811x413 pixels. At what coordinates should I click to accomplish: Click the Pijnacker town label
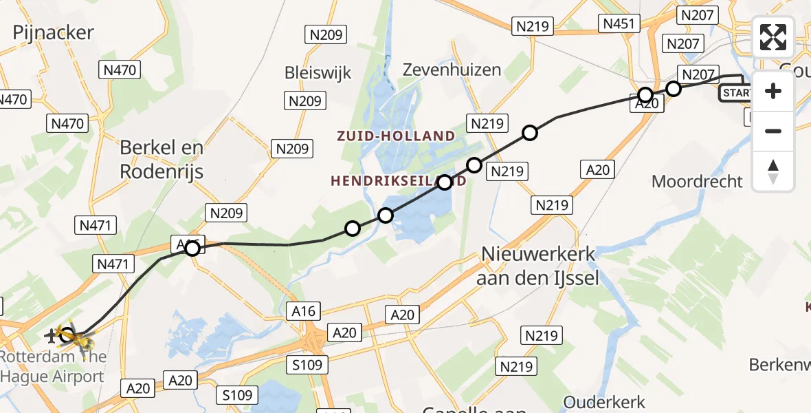[x=53, y=32]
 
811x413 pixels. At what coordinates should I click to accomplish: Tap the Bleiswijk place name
[x=318, y=72]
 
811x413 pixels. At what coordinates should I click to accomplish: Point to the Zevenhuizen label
[x=452, y=70]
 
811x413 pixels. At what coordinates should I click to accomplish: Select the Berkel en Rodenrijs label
[x=162, y=159]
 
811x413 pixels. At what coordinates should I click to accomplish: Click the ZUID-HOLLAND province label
[x=396, y=136]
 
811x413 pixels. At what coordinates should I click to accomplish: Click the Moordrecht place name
[x=697, y=182]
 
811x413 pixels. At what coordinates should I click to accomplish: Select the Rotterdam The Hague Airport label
[x=54, y=367]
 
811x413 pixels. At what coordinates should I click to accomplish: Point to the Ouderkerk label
[x=604, y=402]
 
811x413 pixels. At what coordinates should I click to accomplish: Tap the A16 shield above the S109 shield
[x=303, y=311]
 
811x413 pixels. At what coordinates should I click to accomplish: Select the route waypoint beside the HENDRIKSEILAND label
[x=445, y=182]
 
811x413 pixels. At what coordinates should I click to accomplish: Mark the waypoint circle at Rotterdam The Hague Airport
[x=67, y=336]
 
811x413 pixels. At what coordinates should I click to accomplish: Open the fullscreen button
[x=773, y=37]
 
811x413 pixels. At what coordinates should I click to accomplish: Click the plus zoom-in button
[x=773, y=91]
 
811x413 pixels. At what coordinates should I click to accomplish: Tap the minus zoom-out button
[x=773, y=131]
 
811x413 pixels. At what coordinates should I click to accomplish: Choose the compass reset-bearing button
[x=773, y=171]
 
